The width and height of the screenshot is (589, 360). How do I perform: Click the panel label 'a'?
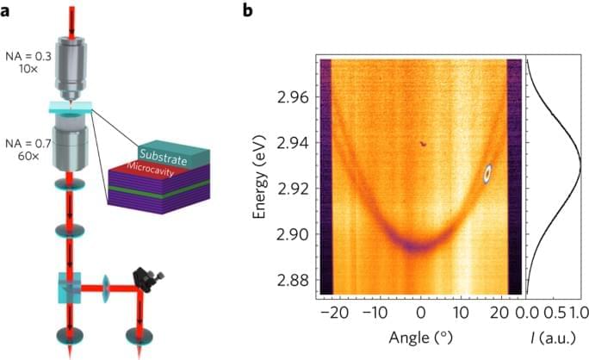(8, 10)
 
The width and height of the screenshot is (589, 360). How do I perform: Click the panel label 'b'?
(248, 10)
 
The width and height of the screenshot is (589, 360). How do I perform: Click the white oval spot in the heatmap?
(487, 173)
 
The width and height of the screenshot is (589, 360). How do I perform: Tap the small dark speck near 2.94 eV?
(422, 145)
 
